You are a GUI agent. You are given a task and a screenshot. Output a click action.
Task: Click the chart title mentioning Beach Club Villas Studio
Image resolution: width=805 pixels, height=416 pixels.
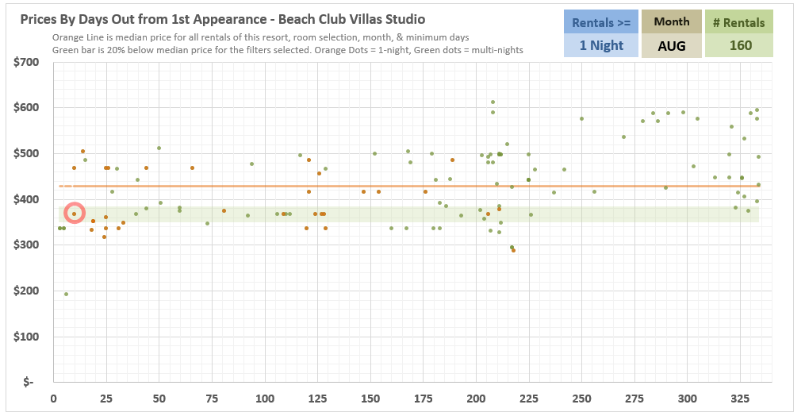222,20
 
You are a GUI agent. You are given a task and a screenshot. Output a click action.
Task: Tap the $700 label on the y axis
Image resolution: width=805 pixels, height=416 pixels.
25,62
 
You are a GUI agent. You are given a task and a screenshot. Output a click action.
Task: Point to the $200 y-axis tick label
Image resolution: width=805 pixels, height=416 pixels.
25,291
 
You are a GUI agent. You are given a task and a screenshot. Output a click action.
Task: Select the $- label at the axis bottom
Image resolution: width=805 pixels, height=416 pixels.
29,382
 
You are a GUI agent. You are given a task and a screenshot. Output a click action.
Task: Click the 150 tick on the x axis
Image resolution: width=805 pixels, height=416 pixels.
370,398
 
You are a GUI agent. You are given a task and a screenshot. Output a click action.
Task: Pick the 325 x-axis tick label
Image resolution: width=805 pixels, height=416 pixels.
740,398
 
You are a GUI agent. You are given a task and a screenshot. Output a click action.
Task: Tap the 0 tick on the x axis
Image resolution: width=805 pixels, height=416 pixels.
54,398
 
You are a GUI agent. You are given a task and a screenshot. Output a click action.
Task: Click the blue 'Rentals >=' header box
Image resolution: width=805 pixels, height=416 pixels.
601,22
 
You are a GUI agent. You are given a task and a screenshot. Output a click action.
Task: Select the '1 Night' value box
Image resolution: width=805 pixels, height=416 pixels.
601,45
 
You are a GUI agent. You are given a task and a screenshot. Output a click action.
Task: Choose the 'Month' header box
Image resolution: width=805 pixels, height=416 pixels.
672,22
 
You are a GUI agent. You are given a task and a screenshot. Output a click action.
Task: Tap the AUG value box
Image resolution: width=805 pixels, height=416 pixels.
672,45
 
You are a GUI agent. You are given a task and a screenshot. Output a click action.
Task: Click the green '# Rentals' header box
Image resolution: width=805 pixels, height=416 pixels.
738,22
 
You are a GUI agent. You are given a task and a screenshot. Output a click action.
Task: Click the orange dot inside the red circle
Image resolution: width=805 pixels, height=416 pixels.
74,214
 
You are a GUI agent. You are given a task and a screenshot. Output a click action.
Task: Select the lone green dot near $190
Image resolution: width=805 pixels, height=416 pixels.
67,294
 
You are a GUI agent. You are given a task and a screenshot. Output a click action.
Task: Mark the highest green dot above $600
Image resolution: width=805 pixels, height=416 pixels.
493,102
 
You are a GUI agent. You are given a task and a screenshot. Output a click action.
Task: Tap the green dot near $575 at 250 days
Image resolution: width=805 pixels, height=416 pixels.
581,119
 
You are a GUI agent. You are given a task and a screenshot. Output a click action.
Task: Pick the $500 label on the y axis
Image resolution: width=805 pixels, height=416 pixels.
25,153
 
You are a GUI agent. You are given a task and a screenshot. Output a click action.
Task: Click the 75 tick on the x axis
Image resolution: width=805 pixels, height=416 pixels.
212,398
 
